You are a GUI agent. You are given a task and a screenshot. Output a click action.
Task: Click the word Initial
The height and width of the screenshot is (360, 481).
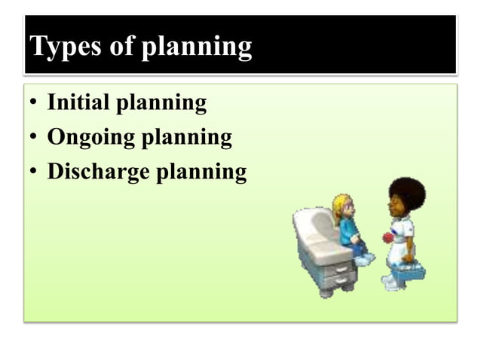click(x=77, y=102)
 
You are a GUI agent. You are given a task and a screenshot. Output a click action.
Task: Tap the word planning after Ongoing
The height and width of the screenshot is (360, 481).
click(x=185, y=139)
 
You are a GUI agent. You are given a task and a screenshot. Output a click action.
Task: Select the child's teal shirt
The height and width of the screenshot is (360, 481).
click(x=348, y=230)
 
